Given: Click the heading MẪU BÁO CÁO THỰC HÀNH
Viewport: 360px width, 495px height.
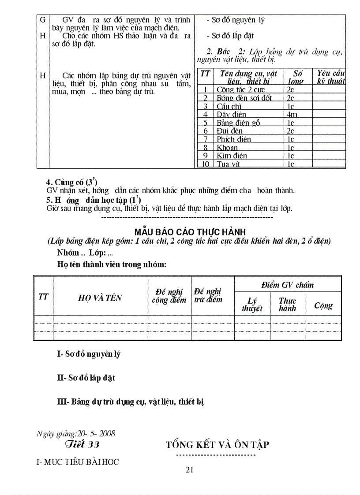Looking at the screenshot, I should point(190,232).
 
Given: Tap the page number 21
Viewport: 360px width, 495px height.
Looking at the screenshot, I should point(190,469).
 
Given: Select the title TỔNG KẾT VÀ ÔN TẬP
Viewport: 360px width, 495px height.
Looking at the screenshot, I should point(217,444).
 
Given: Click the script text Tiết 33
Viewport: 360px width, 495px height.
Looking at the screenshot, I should point(82,444).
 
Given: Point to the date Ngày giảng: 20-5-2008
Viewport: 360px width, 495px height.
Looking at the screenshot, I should point(76,433).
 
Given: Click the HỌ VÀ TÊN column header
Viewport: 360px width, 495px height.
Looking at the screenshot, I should point(100,298).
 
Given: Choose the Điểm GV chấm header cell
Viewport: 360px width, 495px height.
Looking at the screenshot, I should point(287,285).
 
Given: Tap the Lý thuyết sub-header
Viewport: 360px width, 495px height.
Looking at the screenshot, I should point(252,305).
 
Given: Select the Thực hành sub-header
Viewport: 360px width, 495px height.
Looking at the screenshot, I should point(287,305).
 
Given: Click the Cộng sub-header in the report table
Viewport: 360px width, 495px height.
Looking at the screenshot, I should point(323,305).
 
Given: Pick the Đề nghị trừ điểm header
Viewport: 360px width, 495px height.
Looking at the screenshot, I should point(208,295).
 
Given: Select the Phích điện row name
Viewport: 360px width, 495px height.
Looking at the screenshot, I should point(234,139).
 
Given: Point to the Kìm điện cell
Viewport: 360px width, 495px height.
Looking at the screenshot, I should point(232,156).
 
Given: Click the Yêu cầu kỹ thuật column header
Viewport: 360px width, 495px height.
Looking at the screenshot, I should point(329,77).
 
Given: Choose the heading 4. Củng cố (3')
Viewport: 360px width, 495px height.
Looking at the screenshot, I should point(71,182).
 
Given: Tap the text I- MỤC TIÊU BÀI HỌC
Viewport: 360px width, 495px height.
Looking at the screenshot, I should point(78,462).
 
